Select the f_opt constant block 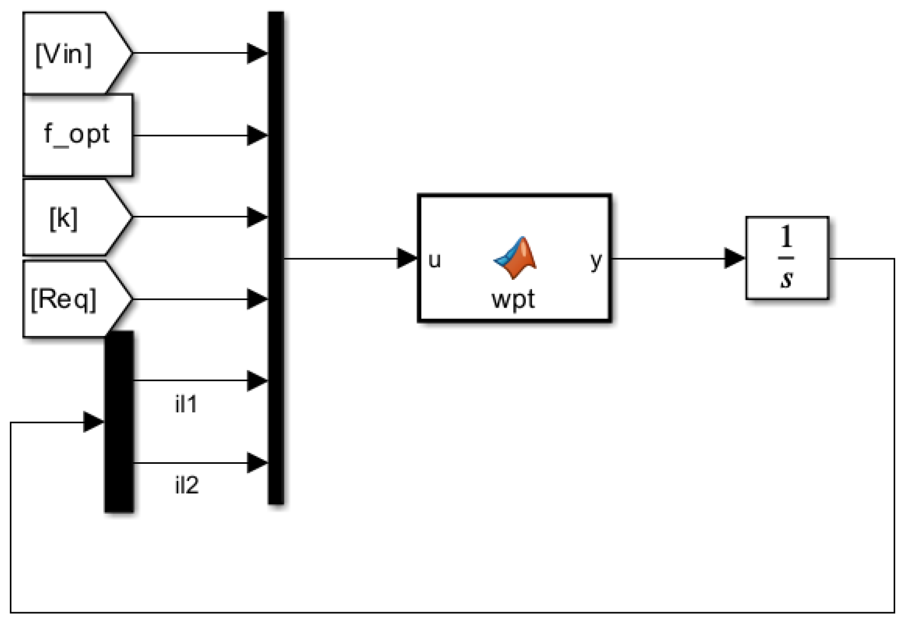tap(77, 135)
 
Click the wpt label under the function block tap(513, 299)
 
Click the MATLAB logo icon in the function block tap(515, 257)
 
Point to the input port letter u tap(434, 260)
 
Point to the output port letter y tap(596, 260)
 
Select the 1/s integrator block tap(787, 258)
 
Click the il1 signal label tap(186, 404)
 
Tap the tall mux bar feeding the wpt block tap(276, 258)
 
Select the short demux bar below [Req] tap(119, 422)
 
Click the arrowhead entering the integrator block tap(735, 258)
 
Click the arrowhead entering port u tap(407, 258)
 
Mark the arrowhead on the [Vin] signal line tap(257, 53)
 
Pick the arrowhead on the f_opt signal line tap(257, 136)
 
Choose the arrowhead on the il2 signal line tap(257, 463)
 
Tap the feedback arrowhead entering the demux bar tap(94, 422)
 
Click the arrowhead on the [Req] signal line tap(257, 299)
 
